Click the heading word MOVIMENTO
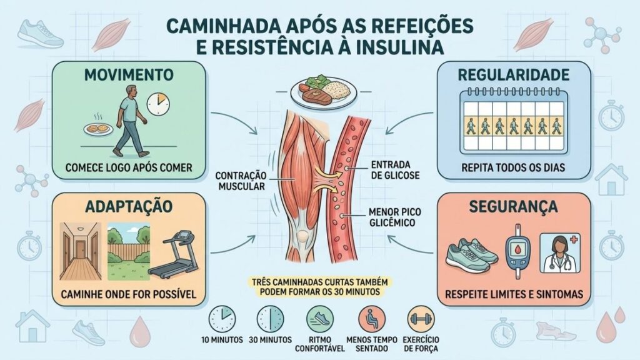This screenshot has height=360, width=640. coord(129,75)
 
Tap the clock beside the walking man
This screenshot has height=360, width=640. coord(158,104)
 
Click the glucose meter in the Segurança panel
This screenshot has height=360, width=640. coord(517,251)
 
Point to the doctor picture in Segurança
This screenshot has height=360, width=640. coord(560,253)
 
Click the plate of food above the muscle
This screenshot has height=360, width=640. coord(323,91)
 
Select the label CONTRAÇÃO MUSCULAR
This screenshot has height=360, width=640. coord(241,181)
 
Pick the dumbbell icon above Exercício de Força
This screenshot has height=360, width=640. coord(421,319)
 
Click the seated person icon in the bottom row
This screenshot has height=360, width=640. coord(371,319)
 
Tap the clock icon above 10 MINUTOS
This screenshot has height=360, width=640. coord(222,319)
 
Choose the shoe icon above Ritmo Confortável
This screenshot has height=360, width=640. coord(319,319)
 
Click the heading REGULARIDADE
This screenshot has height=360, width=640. coord(514,75)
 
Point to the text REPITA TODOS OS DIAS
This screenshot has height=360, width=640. coord(513,167)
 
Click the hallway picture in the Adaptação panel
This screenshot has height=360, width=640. coord(81,251)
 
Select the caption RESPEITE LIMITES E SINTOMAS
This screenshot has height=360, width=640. coord(514,294)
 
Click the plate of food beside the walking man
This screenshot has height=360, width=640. coord(98,129)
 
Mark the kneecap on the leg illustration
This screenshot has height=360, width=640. coord(302,236)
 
